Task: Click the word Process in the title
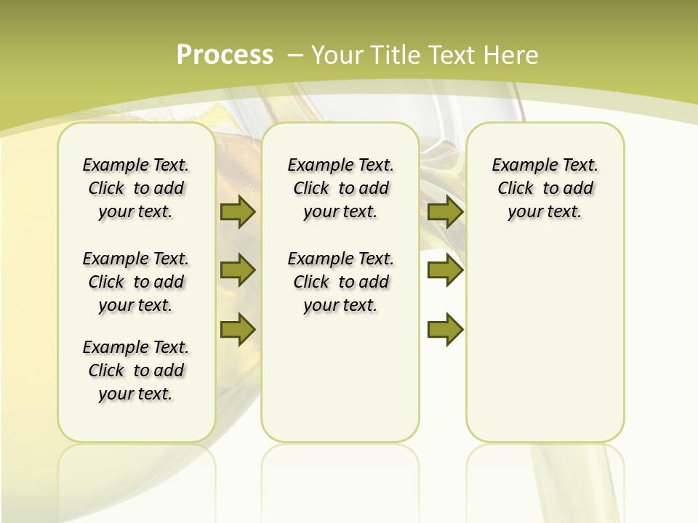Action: click(225, 55)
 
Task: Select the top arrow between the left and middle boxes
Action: click(238, 211)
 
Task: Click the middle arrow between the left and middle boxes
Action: click(238, 270)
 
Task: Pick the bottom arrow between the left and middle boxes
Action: click(238, 330)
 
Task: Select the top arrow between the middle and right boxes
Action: click(445, 211)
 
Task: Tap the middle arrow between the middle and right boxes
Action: click(445, 270)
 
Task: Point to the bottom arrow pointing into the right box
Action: click(445, 330)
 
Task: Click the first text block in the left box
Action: click(136, 188)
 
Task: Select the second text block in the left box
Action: click(136, 282)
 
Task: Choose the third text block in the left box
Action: click(136, 370)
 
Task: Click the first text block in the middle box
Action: click(340, 188)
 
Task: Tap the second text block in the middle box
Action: click(340, 282)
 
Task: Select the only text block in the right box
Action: click(545, 188)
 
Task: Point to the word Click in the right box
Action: click(516, 189)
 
